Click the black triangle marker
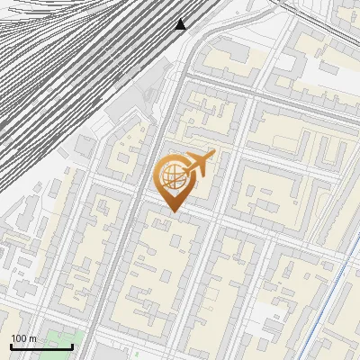click(x=181, y=24)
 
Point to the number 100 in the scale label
click(x=19, y=338)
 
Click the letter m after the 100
click(x=33, y=338)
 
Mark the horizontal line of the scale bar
click(x=41, y=346)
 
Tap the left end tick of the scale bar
click(x=11, y=346)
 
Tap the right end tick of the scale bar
click(x=72, y=346)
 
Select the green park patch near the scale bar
click(x=59, y=341)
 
